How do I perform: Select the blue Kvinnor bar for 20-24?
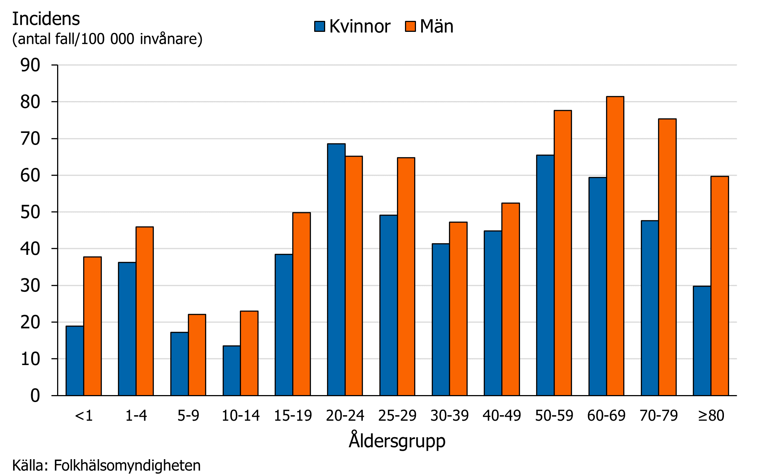click(336, 269)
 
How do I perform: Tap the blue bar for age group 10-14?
click(232, 371)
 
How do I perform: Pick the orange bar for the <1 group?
click(92, 326)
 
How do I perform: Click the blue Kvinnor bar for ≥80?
click(702, 341)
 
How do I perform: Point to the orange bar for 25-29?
click(406, 276)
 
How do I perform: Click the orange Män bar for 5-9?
click(197, 355)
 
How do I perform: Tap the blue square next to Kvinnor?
click(320, 26)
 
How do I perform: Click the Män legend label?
click(436, 26)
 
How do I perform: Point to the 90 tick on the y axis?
click(30, 65)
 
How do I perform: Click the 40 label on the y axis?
click(30, 249)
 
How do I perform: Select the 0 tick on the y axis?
click(35, 396)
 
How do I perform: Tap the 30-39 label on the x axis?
click(449, 416)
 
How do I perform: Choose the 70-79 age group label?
click(658, 416)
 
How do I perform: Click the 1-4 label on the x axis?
click(136, 416)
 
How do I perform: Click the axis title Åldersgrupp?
click(397, 440)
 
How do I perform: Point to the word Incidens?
click(46, 19)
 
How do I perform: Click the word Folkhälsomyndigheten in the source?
click(127, 465)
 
